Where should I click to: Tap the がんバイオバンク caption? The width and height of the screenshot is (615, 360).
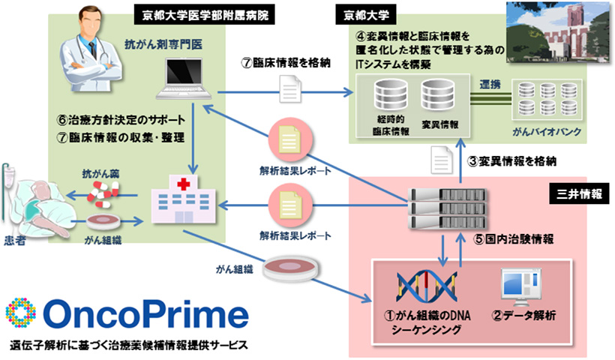(548, 133)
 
